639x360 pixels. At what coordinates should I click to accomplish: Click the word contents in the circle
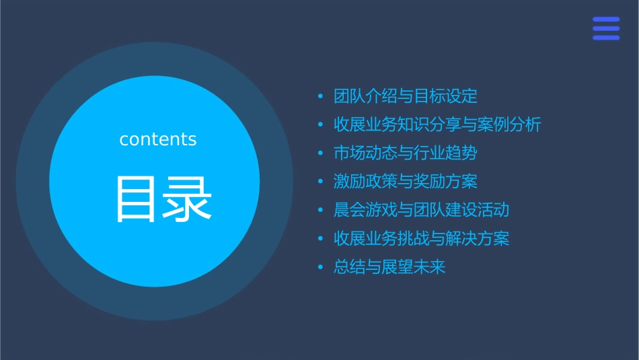click(x=158, y=139)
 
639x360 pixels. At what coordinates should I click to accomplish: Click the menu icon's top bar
click(x=606, y=20)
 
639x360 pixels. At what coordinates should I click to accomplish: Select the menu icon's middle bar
click(x=606, y=28)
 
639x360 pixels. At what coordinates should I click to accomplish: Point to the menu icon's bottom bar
click(x=606, y=38)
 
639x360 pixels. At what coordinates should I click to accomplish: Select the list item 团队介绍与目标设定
click(x=406, y=96)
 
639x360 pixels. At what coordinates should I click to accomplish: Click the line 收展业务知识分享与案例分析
click(x=437, y=124)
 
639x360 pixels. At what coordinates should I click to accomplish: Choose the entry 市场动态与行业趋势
click(x=406, y=153)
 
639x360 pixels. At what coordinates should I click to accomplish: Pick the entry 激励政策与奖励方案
click(x=406, y=182)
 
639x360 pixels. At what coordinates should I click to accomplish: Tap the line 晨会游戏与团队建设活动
click(x=421, y=210)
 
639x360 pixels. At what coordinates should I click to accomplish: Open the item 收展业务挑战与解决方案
click(x=421, y=239)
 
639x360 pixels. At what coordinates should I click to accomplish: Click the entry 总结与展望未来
click(x=389, y=267)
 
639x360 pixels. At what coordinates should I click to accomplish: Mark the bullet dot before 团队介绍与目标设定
click(x=321, y=97)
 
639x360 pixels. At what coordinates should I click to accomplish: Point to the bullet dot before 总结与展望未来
click(x=321, y=268)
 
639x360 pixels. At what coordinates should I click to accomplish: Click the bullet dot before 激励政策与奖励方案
click(x=321, y=182)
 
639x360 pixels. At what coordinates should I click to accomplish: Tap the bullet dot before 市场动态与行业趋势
click(x=321, y=153)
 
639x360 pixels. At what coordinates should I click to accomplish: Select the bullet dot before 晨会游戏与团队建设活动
click(x=321, y=211)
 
